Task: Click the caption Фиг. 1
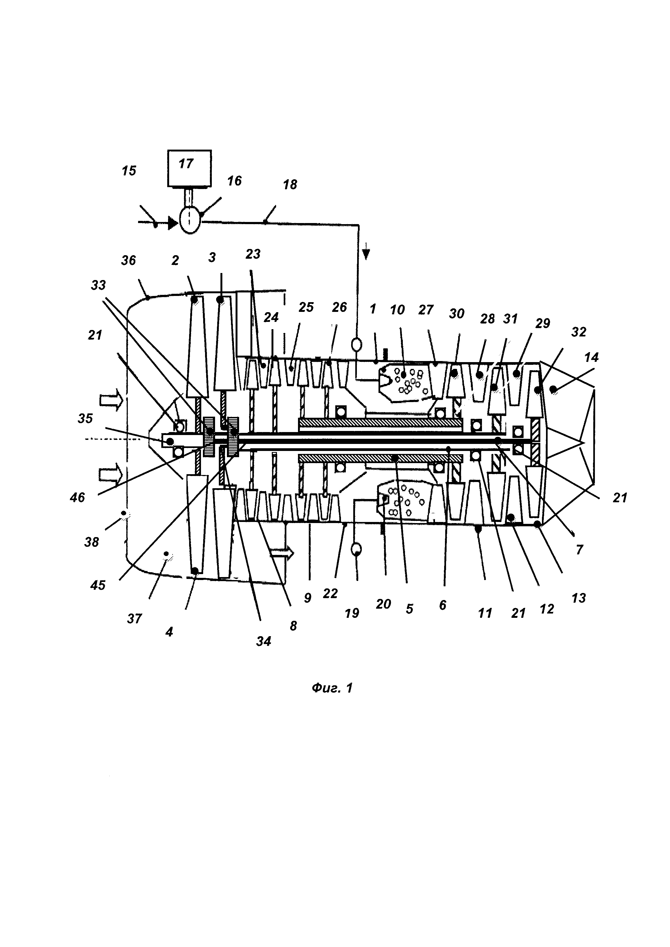332,687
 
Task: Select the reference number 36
128,260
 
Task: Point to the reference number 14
591,357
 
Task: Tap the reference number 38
92,542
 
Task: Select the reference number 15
129,171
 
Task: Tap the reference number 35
85,418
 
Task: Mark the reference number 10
397,309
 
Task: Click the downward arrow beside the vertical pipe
366,254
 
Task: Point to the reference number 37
134,618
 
